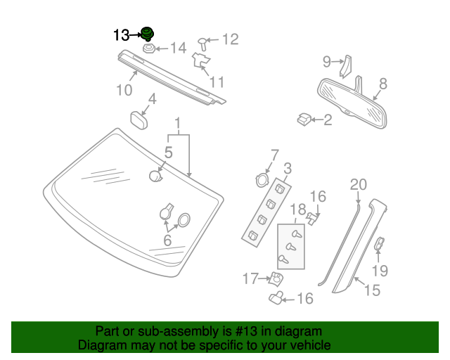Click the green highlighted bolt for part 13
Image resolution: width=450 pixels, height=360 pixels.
[x=148, y=34]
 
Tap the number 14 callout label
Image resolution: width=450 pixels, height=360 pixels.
[x=177, y=49]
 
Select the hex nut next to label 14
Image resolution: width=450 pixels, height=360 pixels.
[x=149, y=49]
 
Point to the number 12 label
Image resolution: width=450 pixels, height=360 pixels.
[x=230, y=39]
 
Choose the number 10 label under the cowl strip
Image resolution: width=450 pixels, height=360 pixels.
[x=124, y=90]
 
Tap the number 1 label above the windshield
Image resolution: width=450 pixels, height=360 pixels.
[x=178, y=123]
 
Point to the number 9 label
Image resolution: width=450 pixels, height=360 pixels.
[x=327, y=62]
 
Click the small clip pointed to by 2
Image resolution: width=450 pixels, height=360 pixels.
[x=303, y=120]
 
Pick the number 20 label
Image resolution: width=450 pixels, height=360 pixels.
[x=359, y=185]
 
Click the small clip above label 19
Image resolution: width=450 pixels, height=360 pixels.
[x=378, y=244]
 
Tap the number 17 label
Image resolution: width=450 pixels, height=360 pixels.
[x=251, y=279]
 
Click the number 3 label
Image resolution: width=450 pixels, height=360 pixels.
[x=288, y=169]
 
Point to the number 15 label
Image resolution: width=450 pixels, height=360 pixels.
[x=373, y=289]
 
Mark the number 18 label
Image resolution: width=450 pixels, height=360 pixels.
[x=298, y=210]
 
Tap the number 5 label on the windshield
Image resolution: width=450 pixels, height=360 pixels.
[x=169, y=152]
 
